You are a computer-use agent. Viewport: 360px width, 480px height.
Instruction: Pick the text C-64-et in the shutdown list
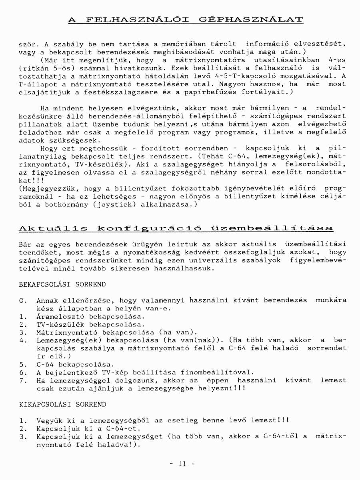106,428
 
